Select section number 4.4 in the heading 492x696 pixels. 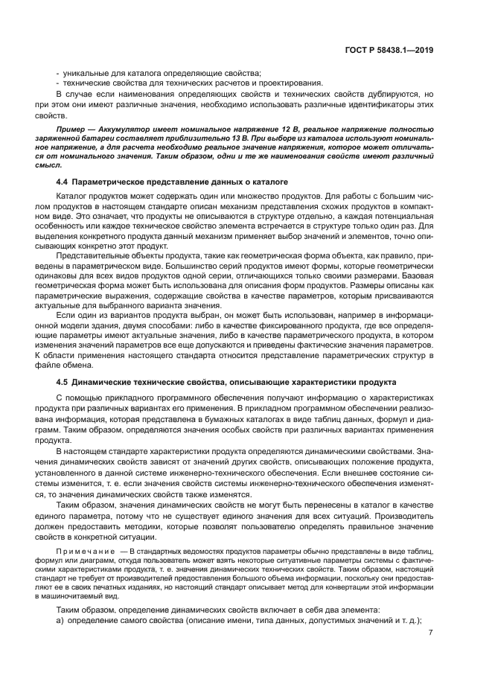click(x=63, y=182)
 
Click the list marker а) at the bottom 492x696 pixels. click(x=61, y=620)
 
